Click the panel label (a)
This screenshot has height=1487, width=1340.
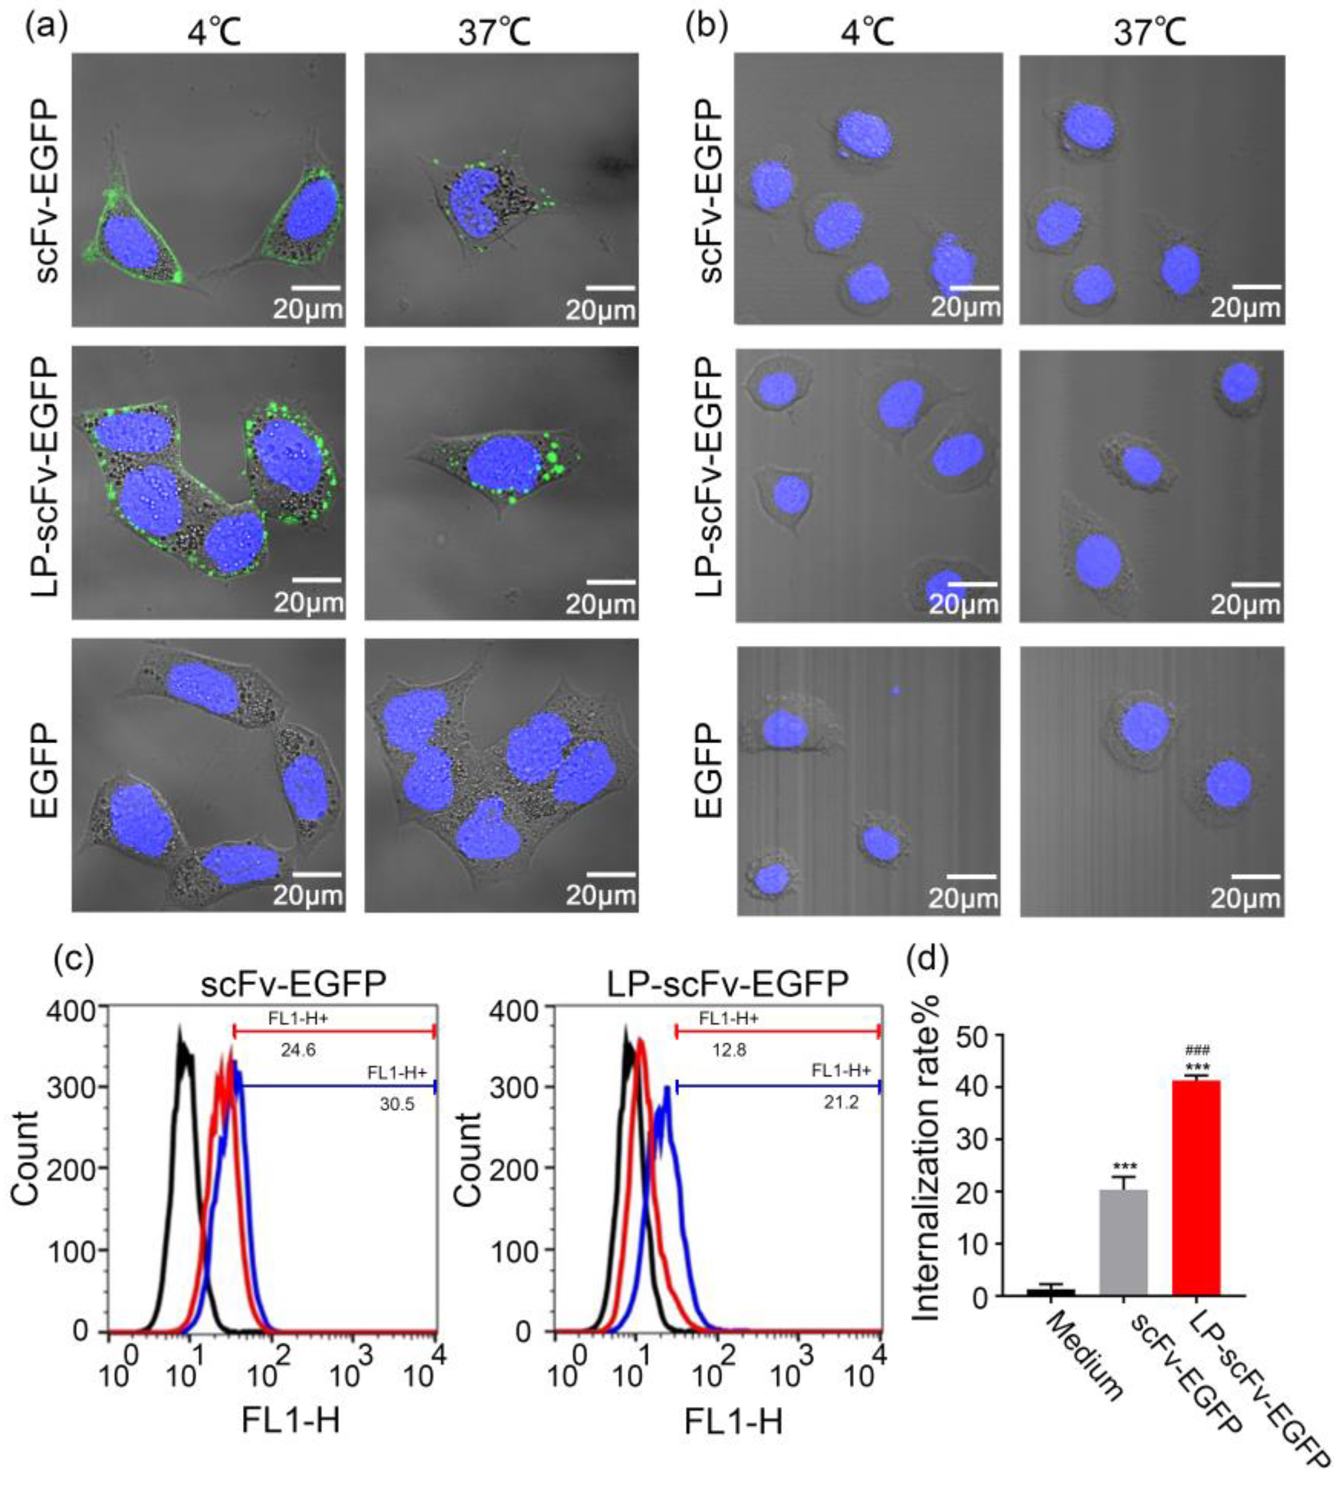coord(45,28)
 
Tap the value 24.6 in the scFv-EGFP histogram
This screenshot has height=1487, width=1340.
coord(297,1050)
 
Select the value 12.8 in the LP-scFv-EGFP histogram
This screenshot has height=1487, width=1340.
coord(729,1050)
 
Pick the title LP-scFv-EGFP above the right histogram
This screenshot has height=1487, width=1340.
coord(728,984)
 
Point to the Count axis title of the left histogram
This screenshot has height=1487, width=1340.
coord(27,1164)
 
